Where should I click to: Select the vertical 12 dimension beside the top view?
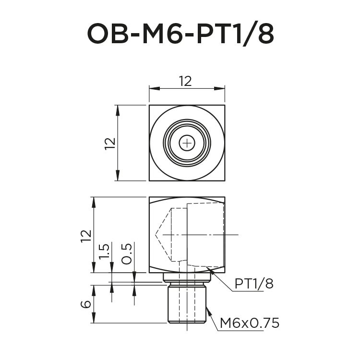pos(110,143)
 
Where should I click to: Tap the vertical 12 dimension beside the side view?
pos(86,236)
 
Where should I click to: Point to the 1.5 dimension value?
pos(105,252)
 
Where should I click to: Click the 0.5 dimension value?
pos(127,253)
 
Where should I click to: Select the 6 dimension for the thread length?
pos(86,304)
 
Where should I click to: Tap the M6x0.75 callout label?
pos(249,323)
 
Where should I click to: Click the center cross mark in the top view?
pos(187,143)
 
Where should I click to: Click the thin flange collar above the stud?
pos(187,277)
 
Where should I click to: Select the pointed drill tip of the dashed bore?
pos(156,234)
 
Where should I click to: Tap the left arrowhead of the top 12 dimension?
pos(153,88)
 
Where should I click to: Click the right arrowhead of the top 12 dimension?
pos(221,88)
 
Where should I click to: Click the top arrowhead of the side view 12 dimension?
pos(94,201)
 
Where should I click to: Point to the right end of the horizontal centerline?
pos(238,234)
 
